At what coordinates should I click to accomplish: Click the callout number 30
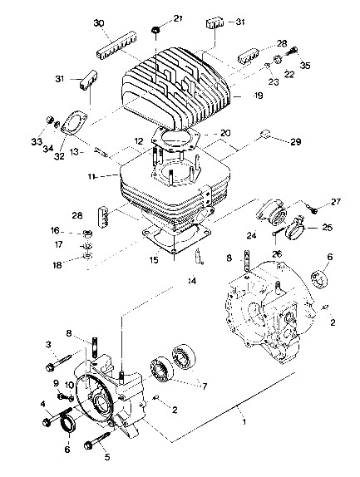tap(99, 22)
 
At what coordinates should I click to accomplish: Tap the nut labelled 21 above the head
tap(156, 32)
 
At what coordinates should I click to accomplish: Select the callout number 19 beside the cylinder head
tap(237, 97)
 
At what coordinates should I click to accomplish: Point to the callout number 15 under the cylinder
tap(155, 259)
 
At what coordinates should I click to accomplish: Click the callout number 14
tap(192, 283)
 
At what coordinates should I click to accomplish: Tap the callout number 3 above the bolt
tap(49, 344)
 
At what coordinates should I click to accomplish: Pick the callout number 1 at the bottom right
tap(244, 421)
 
